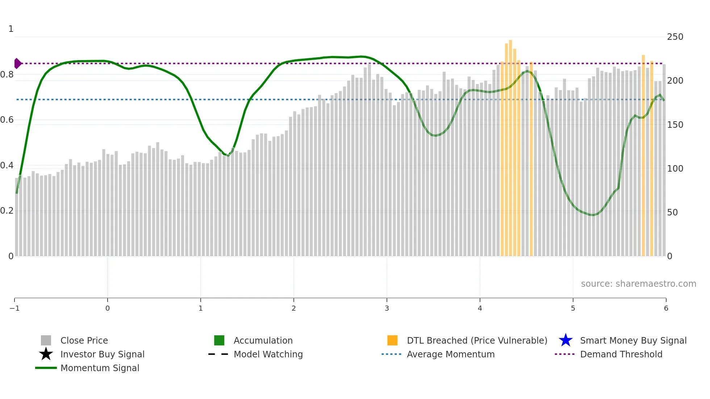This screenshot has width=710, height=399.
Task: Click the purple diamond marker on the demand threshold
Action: click(x=17, y=63)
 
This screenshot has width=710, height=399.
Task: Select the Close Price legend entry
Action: click(x=84, y=340)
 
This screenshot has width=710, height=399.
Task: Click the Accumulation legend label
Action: click(x=263, y=340)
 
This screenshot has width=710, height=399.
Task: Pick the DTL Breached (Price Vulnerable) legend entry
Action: click(x=477, y=340)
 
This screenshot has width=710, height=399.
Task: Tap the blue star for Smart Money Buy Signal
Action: click(x=565, y=340)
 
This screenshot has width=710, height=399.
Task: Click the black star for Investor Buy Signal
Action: click(x=46, y=354)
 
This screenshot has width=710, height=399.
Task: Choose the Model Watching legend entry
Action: click(x=268, y=354)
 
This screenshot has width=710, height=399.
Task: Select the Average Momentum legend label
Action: click(x=451, y=354)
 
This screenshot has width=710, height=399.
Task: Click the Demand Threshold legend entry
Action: click(x=621, y=354)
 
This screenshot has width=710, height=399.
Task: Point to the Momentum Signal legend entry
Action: click(x=100, y=368)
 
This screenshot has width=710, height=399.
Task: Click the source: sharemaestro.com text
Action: click(x=638, y=283)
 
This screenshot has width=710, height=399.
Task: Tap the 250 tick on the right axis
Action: click(x=675, y=37)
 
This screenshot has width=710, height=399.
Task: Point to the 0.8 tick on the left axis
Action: click(x=7, y=75)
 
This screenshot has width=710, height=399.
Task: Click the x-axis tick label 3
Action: click(x=387, y=308)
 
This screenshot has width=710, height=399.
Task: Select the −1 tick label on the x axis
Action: click(x=14, y=308)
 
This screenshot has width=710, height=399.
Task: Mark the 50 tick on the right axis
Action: click(x=672, y=212)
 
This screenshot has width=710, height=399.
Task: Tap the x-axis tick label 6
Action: click(x=666, y=308)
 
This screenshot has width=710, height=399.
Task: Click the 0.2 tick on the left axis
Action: click(x=7, y=211)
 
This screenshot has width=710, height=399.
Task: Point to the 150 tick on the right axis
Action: click(x=675, y=125)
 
